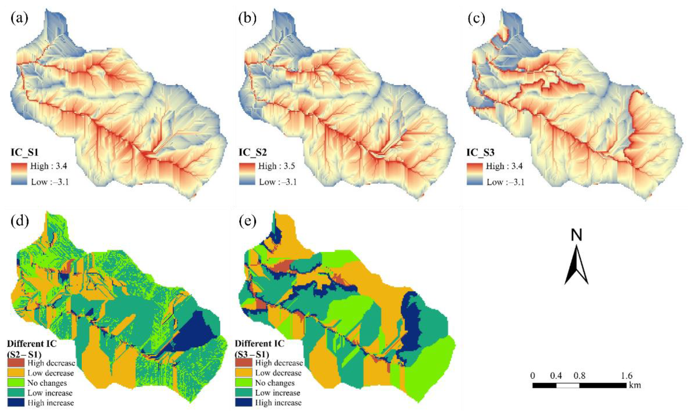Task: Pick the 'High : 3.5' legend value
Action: pyautogui.click(x=277, y=166)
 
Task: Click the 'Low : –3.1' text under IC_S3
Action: pyautogui.click(x=505, y=182)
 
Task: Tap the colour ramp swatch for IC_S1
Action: pyautogui.click(x=19, y=174)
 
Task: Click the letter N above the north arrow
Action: pyautogui.click(x=576, y=235)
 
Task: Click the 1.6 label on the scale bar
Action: pyautogui.click(x=626, y=376)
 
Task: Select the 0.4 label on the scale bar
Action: pyautogui.click(x=556, y=376)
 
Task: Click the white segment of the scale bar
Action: pyautogui.click(x=568, y=386)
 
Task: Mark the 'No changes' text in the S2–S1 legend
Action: pyautogui.click(x=47, y=383)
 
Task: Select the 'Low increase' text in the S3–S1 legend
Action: pyautogui.click(x=278, y=393)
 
